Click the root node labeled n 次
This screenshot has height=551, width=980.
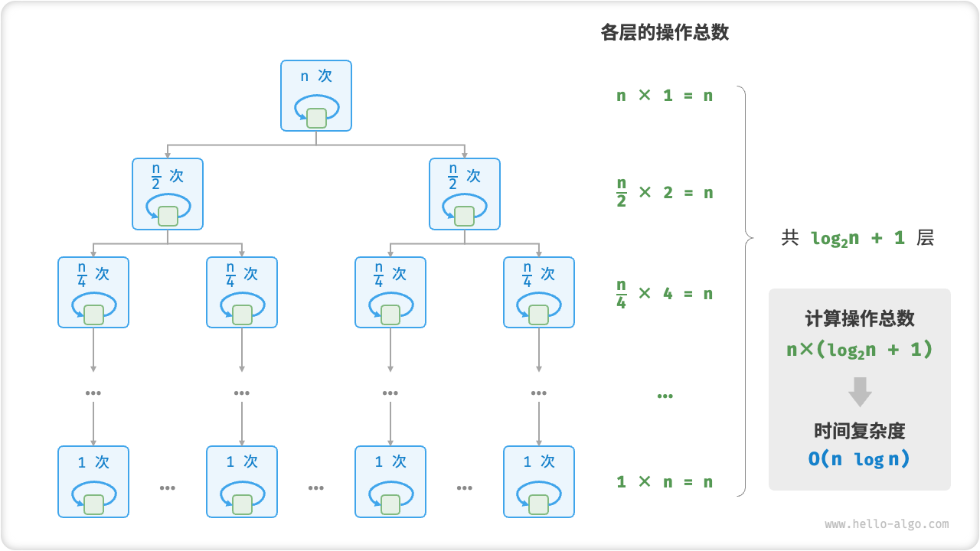point(316,96)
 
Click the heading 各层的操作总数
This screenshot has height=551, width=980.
point(665,33)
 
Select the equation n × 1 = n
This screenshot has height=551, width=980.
point(665,96)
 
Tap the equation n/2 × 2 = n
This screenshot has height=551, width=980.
point(665,193)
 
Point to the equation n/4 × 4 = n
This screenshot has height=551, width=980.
point(665,294)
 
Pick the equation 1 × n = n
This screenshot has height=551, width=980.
point(665,482)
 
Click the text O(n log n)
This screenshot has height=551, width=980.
point(859,459)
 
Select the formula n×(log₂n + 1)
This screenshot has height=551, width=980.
point(859,350)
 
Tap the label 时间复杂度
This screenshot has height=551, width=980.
point(859,431)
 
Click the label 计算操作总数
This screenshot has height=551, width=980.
point(859,318)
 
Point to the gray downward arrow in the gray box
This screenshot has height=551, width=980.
point(860,391)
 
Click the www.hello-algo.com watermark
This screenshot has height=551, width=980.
point(887,524)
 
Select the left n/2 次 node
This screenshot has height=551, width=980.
point(168,194)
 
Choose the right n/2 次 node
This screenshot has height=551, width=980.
point(465,194)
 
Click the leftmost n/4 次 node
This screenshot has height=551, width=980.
point(93,292)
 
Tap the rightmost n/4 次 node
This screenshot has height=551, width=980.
point(539,292)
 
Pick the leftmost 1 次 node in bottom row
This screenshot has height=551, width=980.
point(93,481)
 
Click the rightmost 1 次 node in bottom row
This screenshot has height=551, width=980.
point(539,481)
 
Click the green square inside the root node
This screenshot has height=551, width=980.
point(316,118)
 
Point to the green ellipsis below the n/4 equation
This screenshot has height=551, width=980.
point(665,396)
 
